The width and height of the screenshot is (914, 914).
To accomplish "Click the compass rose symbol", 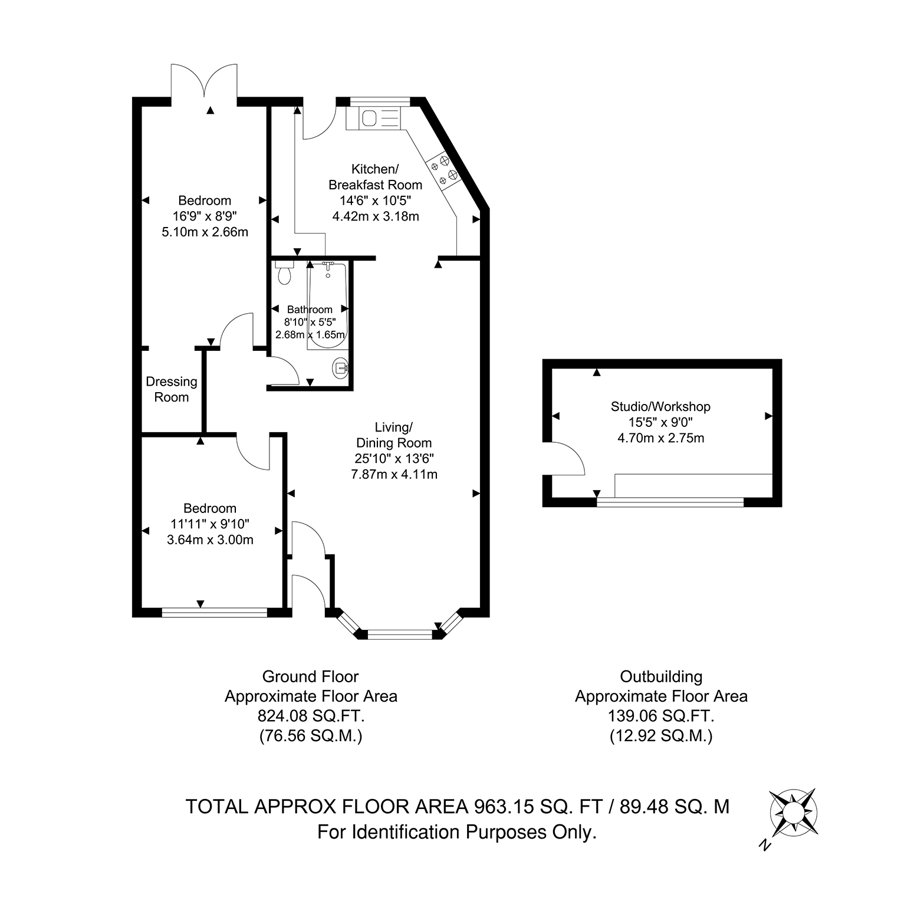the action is (794, 812).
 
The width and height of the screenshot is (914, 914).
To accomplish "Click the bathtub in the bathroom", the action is (328, 307).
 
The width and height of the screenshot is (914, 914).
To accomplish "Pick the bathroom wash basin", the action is (341, 369).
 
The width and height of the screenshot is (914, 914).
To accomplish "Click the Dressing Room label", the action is (172, 389).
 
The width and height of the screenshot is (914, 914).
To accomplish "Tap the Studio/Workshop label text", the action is (660, 406).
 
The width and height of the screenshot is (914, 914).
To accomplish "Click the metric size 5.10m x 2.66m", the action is (205, 232).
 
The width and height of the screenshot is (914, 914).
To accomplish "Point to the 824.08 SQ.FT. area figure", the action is (311, 716).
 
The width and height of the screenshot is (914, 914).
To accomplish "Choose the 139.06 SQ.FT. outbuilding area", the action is (661, 716).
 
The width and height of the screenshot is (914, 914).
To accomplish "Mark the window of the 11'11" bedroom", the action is (215, 613).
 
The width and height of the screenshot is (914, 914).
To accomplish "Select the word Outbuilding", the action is (661, 676).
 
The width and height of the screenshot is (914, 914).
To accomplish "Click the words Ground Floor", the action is (310, 676).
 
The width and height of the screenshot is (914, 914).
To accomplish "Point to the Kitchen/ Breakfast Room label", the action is (375, 176).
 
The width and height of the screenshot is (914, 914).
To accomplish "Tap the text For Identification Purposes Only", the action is (457, 832).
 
